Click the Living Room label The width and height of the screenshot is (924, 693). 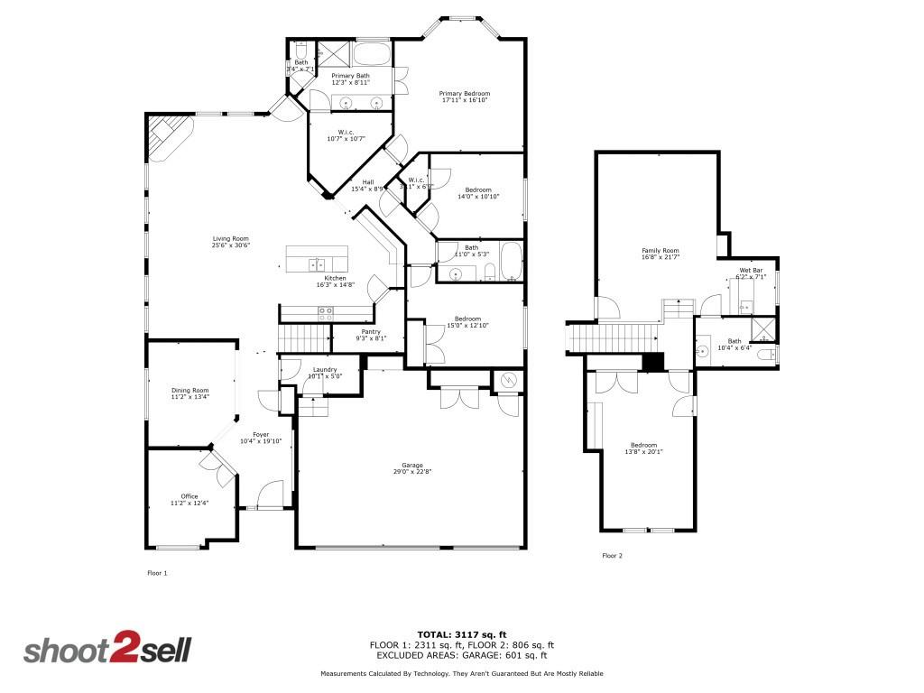[x=230, y=238]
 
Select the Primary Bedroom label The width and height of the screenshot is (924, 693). [x=465, y=94]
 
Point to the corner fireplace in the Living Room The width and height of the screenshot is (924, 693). [x=167, y=136]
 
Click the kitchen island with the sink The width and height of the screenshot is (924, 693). [x=317, y=258]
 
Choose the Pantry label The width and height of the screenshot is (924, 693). [x=371, y=331]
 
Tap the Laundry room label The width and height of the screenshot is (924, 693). [x=325, y=370]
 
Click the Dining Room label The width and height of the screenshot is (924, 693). [x=189, y=390]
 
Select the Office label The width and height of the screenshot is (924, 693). [x=189, y=496]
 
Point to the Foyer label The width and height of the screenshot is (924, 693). [x=261, y=435]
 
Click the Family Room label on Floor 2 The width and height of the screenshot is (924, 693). [x=660, y=251]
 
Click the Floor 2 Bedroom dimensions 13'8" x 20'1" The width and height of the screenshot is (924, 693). [x=643, y=452]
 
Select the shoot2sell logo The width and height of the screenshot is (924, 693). [x=106, y=650]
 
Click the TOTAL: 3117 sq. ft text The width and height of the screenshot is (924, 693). [x=461, y=633]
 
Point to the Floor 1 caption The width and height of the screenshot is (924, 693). [x=157, y=573]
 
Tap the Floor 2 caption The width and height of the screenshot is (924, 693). [x=612, y=556]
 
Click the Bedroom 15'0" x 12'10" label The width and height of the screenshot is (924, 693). [x=467, y=321]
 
